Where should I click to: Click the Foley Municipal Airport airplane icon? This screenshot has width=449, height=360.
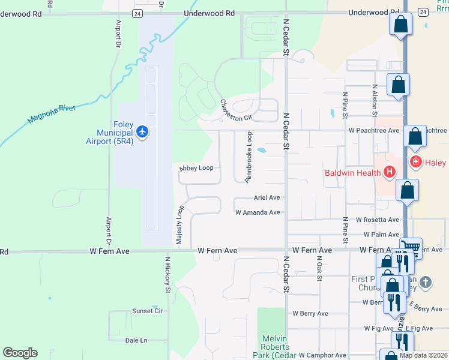coord(142,131)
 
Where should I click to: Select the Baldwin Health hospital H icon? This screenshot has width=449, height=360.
coord(390,173)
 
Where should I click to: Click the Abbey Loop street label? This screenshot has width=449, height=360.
coord(196,169)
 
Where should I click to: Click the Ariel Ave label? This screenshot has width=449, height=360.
coord(267,197)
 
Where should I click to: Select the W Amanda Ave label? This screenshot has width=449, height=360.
coord(258,212)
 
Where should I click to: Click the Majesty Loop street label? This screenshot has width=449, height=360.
coord(179,224)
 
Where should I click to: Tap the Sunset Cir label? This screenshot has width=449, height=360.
coord(148,311)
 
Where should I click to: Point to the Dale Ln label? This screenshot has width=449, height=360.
coord(136,340)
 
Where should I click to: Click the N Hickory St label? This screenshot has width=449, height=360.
coord(168,275)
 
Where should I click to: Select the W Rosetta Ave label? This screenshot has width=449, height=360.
coord(377,220)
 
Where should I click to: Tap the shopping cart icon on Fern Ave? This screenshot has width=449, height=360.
coord(411,246)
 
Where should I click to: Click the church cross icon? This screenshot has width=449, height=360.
coord(425,282)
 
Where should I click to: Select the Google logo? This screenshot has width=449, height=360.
coord(20,353)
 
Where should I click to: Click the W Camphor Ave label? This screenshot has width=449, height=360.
coord(322,355)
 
